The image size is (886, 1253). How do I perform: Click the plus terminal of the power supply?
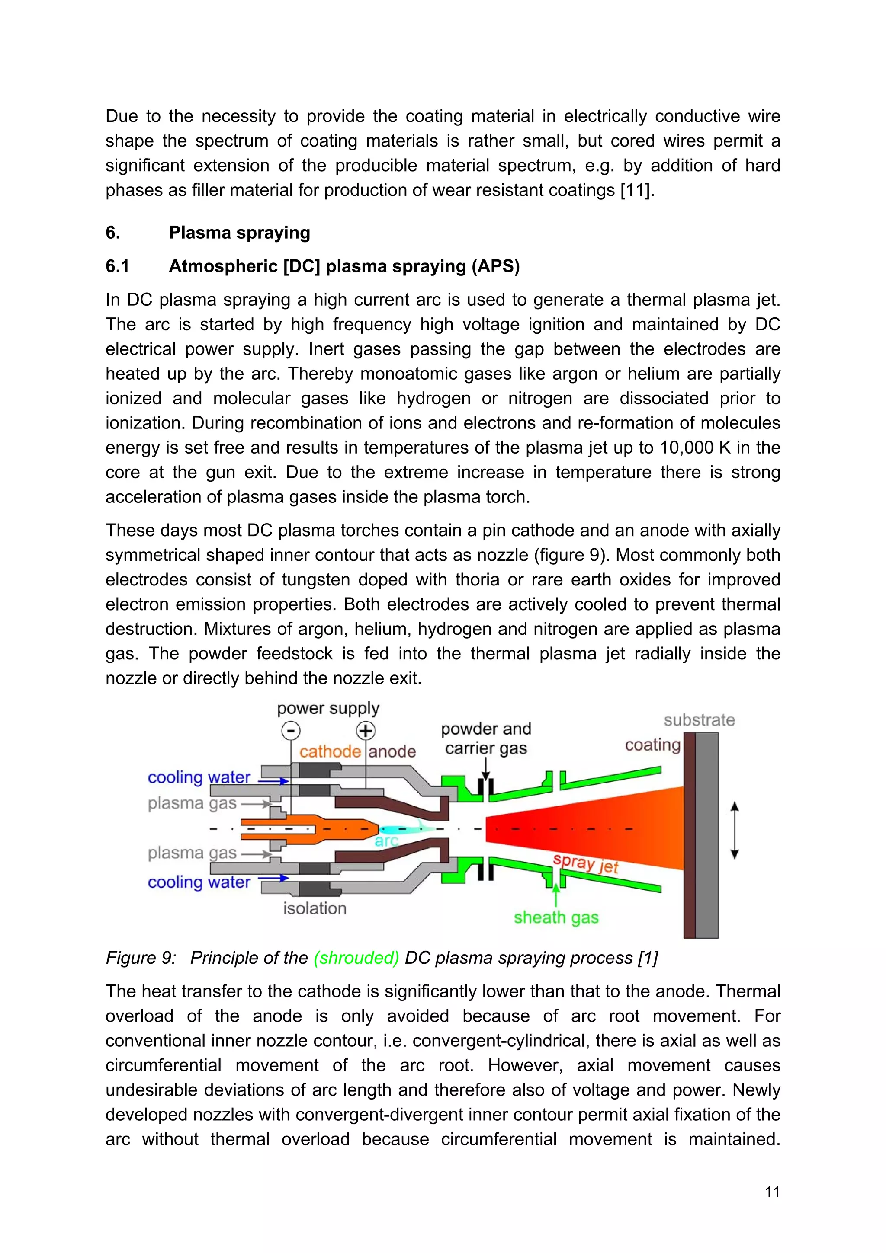click(365, 730)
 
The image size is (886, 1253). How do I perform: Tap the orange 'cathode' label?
click(330, 751)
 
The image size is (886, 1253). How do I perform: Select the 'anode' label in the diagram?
click(392, 751)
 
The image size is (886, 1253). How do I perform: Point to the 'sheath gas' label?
click(556, 917)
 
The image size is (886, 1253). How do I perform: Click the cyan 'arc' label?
click(386, 841)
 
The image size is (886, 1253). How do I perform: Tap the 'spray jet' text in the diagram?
click(585, 864)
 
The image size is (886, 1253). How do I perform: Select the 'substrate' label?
click(699, 720)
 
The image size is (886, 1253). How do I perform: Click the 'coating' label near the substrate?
click(652, 745)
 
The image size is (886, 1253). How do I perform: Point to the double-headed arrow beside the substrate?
click(734, 830)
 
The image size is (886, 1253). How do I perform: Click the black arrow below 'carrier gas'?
click(485, 770)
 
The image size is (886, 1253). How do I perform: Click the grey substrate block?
click(707, 835)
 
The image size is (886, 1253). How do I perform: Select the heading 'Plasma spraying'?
click(239, 233)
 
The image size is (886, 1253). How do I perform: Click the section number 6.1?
click(117, 266)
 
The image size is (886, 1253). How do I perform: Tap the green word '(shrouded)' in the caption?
click(356, 958)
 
